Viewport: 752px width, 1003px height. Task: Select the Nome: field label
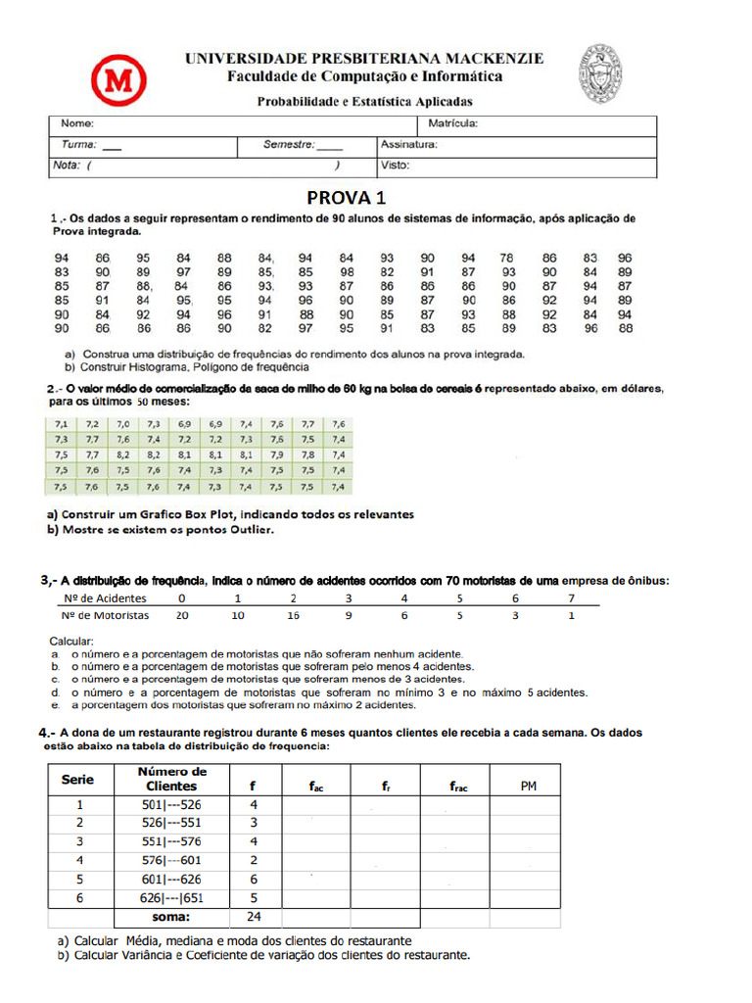[77, 124]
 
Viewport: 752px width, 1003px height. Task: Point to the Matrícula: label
[452, 124]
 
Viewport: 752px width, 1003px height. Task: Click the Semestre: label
[288, 145]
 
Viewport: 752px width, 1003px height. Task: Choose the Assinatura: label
[408, 145]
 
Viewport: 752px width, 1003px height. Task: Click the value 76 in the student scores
[508, 258]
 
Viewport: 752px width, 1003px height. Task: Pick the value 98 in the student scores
[347, 271]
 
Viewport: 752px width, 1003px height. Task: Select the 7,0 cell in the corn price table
[122, 424]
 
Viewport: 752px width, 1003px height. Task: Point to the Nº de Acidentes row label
[105, 597]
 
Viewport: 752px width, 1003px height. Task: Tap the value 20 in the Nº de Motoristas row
[180, 616]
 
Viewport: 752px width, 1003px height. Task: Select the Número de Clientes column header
[171, 779]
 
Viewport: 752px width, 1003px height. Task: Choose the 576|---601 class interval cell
[171, 860]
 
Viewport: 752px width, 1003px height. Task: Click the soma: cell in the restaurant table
[171, 918]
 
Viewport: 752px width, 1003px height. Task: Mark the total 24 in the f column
[254, 918]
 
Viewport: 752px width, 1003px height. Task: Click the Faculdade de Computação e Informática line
[365, 76]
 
